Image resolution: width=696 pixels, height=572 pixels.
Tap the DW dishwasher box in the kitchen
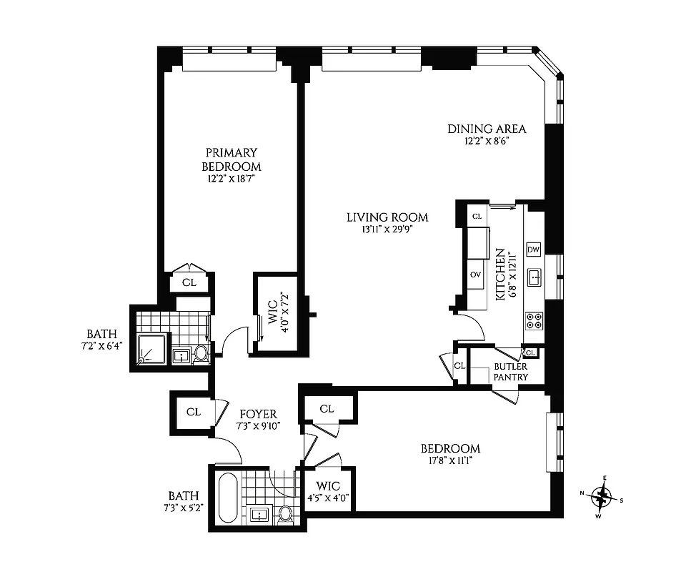click(533, 250)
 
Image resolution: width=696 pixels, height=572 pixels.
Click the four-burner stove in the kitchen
click(533, 319)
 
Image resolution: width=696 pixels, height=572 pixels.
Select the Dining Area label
click(487, 129)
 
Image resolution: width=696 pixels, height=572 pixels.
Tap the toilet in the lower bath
click(285, 513)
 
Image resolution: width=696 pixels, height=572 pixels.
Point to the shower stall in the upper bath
click(151, 348)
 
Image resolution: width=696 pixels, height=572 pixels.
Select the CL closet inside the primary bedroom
click(189, 282)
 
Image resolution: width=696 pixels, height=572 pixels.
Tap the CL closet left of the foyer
click(193, 412)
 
